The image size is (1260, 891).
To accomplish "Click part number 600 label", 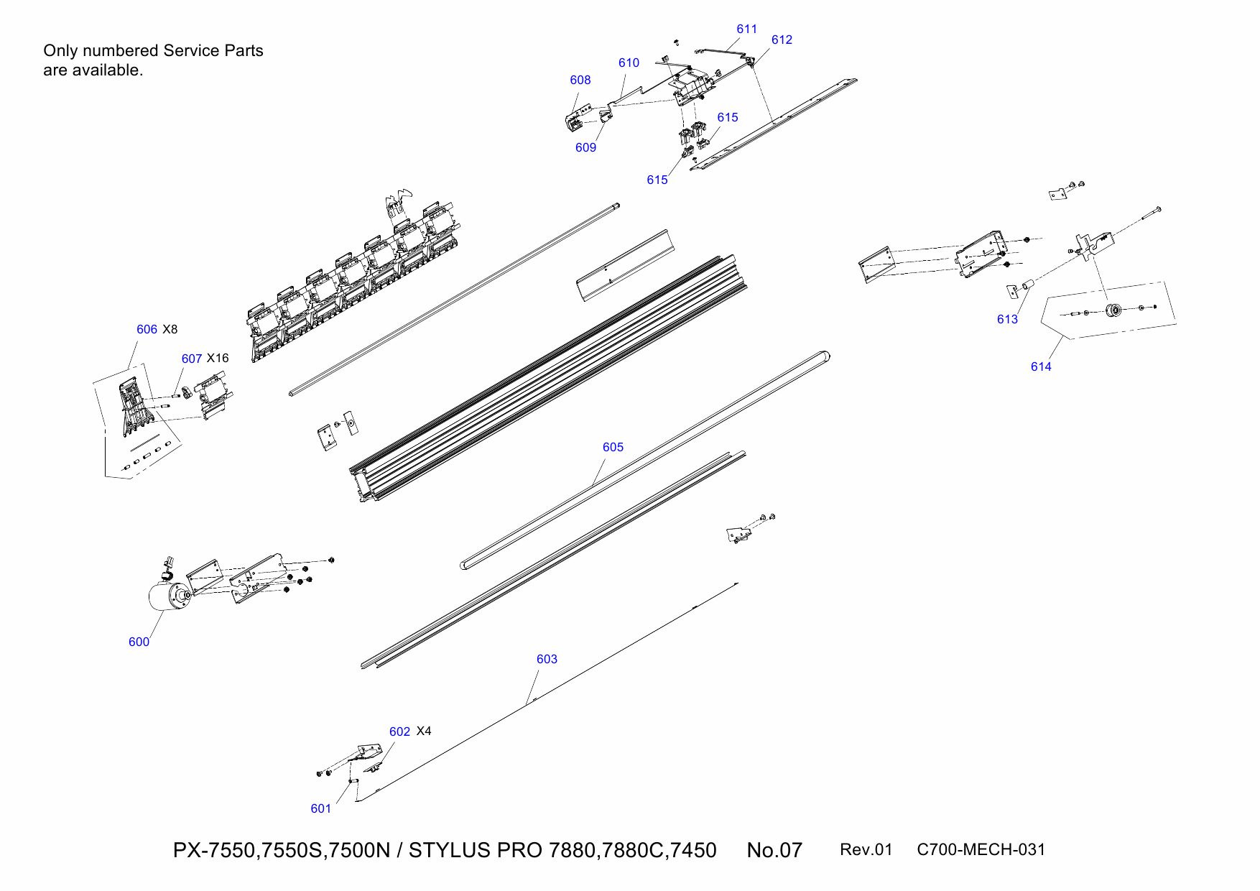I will pos(139,642).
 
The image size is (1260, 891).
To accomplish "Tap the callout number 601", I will pos(320,808).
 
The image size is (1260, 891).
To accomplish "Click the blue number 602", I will pos(399,731).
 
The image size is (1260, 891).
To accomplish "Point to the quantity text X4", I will pos(424,731).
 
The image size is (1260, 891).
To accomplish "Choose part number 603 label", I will pos(547,659).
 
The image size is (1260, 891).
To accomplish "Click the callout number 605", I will pos(613,447).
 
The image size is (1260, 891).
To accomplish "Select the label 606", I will pos(147,329).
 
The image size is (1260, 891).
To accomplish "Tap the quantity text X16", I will pos(218,358).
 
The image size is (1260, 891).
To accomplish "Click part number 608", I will pos(580,80).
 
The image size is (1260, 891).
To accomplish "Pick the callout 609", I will pos(585,147).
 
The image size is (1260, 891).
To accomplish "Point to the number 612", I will pos(782,40).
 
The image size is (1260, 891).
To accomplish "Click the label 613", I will pos(1007,319).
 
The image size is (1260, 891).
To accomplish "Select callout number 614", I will pos(1041,366).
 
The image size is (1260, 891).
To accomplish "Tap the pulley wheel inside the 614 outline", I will pos(1114,310).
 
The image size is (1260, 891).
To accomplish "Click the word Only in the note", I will pos(60,50).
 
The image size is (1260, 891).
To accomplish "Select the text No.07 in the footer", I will pos(774,850).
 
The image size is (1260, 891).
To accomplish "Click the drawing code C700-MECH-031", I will pos(981,849).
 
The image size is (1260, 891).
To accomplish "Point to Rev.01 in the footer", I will pos(866,849).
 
